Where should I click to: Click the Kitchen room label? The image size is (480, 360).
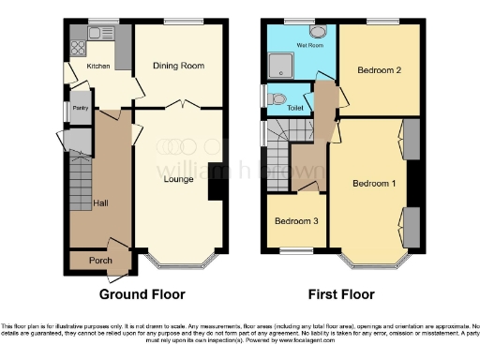click(x=98, y=67)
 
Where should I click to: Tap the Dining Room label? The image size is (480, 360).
click(x=178, y=66)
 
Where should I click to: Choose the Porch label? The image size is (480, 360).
click(x=100, y=261)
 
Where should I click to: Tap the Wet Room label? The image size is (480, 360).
click(x=311, y=43)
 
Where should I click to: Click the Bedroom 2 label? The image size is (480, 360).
click(x=380, y=70)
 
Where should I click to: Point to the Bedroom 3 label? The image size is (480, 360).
click(x=295, y=221)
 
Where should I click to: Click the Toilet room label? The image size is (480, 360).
click(x=295, y=107)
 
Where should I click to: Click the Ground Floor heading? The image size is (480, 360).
click(x=142, y=293)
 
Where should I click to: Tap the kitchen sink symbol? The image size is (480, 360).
click(x=97, y=33)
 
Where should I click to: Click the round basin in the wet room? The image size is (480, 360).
click(x=316, y=31)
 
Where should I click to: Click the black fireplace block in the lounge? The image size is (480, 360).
click(x=216, y=182)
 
